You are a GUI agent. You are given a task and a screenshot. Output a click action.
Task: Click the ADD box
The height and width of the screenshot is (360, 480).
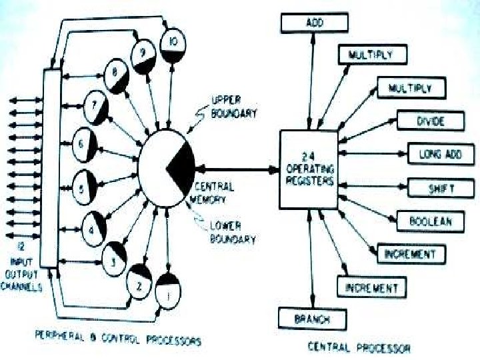point(315,23)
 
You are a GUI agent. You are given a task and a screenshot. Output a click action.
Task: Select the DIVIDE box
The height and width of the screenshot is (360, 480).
point(430,121)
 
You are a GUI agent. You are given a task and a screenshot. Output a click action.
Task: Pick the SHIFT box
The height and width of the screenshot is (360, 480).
point(441,189)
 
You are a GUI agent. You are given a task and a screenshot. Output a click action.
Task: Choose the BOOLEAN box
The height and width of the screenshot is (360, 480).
point(431,221)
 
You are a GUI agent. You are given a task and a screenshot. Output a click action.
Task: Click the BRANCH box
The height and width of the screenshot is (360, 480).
point(312,319)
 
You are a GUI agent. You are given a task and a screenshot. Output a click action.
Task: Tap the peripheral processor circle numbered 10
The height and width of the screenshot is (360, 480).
point(173,43)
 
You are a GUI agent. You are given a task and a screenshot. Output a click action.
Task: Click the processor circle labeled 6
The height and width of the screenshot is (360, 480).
point(84,143)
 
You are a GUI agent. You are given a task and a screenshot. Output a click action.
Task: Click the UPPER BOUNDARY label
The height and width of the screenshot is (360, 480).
point(233,107)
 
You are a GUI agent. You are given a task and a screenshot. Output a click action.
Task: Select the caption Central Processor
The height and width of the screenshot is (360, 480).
point(359,347)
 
